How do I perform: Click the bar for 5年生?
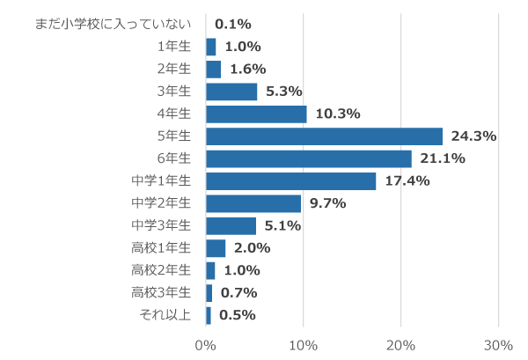(x=324, y=136)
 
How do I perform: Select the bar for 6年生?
(x=309, y=158)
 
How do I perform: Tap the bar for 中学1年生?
(x=290, y=181)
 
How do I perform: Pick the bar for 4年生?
(x=256, y=114)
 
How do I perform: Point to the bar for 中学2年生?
(x=253, y=203)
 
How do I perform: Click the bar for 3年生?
(x=231, y=92)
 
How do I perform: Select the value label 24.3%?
(x=473, y=136)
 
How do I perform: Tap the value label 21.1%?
(x=443, y=158)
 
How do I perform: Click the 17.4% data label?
(x=407, y=181)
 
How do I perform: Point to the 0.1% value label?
(x=233, y=24)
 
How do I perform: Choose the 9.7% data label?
(x=327, y=203)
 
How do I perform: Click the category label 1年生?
(x=173, y=47)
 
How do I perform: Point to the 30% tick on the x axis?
(x=498, y=344)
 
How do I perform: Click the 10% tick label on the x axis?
(x=304, y=344)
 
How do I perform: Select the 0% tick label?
(x=206, y=344)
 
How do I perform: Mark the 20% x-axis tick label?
(x=401, y=344)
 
